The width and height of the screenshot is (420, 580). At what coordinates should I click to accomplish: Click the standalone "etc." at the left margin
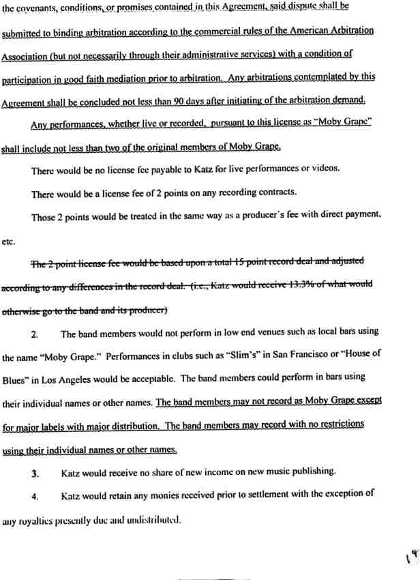(10, 241)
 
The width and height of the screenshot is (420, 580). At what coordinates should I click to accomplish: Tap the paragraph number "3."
(35, 473)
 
